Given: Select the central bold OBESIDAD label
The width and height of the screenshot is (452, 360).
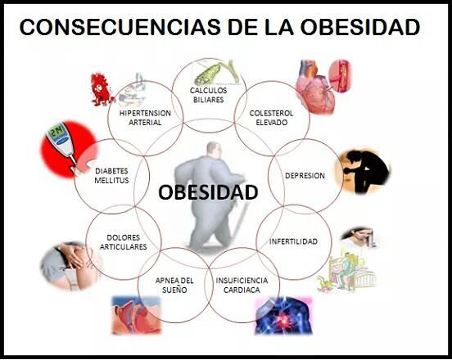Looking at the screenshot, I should coord(208,192).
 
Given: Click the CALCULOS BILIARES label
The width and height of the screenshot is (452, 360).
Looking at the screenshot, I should coord(208,95).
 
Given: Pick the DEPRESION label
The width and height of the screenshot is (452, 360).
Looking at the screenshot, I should coord(305,176).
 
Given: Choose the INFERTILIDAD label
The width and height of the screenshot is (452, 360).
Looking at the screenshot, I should coord(299,242).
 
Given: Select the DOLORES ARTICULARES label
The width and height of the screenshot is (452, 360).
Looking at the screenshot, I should coord(124,241).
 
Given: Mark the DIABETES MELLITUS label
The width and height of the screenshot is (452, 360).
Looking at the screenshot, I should coord(111,176).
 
